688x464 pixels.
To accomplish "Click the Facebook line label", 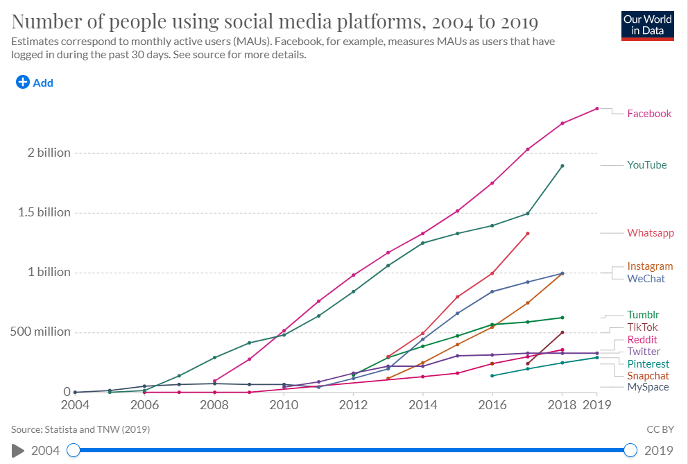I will (x=648, y=114).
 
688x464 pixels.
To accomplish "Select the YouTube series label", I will (x=646, y=165).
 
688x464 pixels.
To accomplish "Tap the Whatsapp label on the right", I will (x=650, y=233).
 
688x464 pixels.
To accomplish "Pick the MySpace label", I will (x=648, y=387).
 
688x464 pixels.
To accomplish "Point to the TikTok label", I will (x=642, y=327).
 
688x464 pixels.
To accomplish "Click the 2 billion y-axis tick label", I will (x=44, y=153).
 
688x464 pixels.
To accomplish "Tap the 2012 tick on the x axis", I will (x=354, y=404).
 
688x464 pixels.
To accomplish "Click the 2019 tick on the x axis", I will (x=596, y=404).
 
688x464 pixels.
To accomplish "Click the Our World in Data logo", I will (x=648, y=24).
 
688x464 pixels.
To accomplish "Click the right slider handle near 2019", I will (x=630, y=450).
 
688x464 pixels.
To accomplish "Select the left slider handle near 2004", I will (x=73, y=450).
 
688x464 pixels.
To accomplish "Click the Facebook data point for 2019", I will (x=596, y=108).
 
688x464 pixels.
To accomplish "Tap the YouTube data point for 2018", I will (x=562, y=166).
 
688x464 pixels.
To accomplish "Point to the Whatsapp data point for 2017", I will (x=527, y=234).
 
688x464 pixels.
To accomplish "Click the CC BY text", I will (x=661, y=429).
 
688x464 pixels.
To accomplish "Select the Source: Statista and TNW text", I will (x=80, y=429).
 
